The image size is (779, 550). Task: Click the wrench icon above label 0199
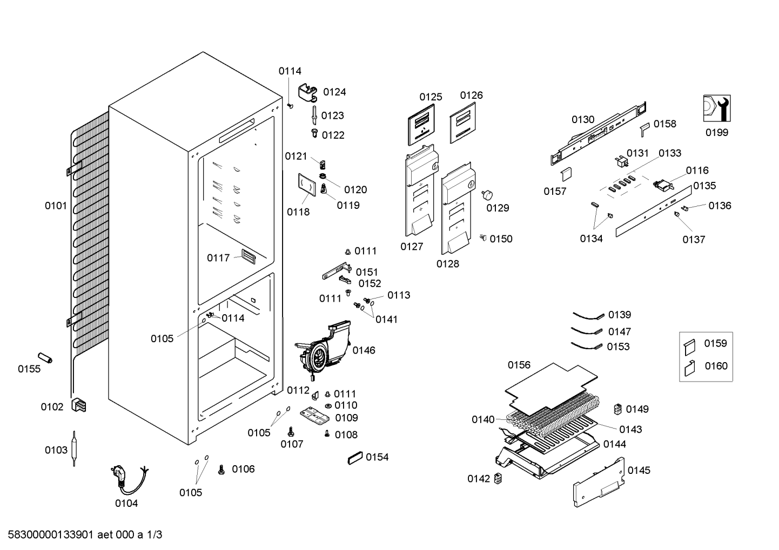pyautogui.click(x=717, y=108)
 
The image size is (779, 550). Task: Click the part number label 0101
pyautogui.click(x=56, y=206)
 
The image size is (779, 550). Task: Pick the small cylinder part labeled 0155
pyautogui.click(x=45, y=358)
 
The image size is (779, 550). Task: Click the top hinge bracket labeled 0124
pyautogui.click(x=308, y=93)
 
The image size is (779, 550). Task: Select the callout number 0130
pyautogui.click(x=583, y=119)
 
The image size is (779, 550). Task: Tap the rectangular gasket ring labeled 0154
pyautogui.click(x=355, y=458)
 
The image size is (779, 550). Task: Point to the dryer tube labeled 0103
pyautogui.click(x=74, y=449)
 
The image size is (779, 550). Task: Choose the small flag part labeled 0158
pyautogui.click(x=645, y=129)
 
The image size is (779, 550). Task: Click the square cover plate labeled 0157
pyautogui.click(x=567, y=174)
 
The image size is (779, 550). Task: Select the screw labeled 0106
pyautogui.click(x=221, y=470)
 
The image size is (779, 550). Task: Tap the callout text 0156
pyautogui.click(x=519, y=365)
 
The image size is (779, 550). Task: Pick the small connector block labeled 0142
pyautogui.click(x=498, y=478)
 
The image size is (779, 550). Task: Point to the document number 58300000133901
pyautogui.click(x=50, y=535)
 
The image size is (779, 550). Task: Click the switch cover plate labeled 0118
pyautogui.click(x=307, y=185)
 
